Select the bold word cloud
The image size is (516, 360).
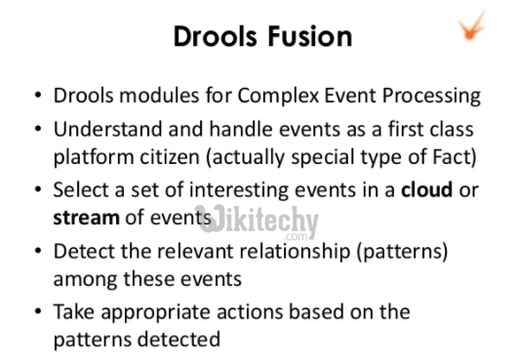427,189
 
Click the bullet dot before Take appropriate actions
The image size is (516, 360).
37,312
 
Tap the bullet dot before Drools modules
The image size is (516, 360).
37,98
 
